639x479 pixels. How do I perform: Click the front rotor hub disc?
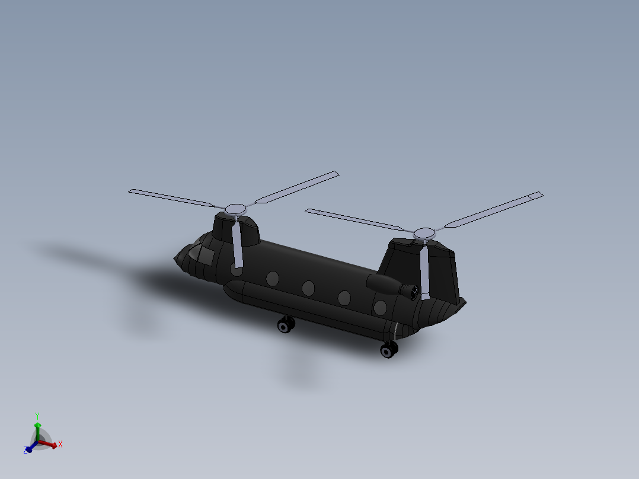click(x=235, y=209)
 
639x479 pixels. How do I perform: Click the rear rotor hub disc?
click(x=424, y=232)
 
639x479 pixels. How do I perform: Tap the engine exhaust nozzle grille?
click(x=410, y=291)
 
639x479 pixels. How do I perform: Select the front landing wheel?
click(x=286, y=325)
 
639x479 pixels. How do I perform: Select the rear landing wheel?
click(x=389, y=350)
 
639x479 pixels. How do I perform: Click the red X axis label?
click(x=60, y=444)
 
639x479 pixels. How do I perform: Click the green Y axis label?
click(x=37, y=416)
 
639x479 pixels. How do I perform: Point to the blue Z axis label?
click(x=27, y=451)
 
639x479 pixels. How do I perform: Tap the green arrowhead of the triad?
click(x=37, y=424)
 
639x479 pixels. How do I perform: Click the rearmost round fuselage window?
click(x=380, y=307)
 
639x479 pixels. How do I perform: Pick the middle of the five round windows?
click(x=308, y=288)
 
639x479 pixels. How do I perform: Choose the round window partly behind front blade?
click(x=237, y=270)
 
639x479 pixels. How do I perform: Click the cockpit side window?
click(x=206, y=256)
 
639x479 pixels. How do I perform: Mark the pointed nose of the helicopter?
click(x=175, y=258)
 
